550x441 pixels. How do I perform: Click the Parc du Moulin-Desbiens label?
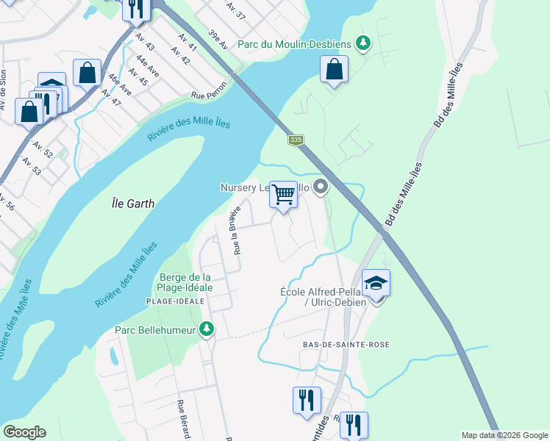point(294,44)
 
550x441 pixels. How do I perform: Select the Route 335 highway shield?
point(296,140)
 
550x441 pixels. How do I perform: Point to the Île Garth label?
point(130,204)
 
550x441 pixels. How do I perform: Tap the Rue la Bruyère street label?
point(237,230)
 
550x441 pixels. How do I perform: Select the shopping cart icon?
point(283,195)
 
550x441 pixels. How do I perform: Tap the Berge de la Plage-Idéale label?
point(185,282)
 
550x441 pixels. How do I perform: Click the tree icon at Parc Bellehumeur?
point(207,330)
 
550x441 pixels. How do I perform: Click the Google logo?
point(24,432)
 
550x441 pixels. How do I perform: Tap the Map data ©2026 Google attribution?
point(504,435)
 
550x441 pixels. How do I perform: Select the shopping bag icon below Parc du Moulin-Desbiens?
point(334,70)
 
